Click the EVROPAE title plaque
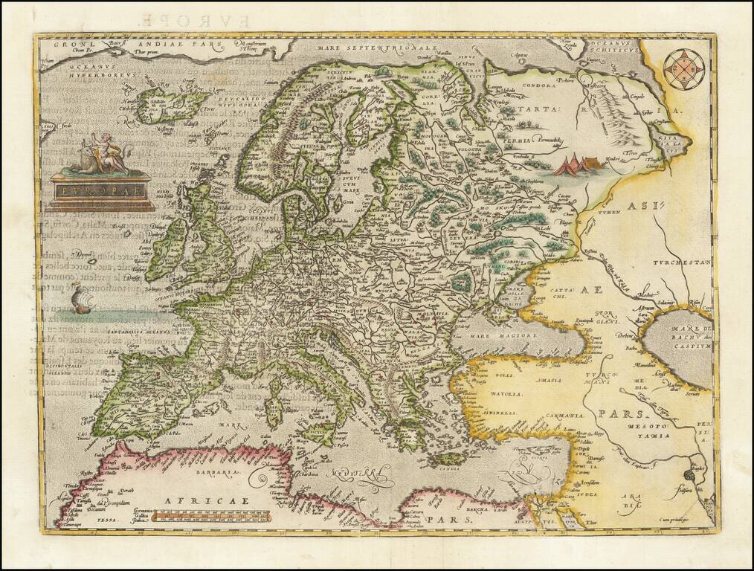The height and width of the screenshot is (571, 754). (x=101, y=189)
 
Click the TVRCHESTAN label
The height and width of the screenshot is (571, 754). (x=683, y=263)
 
